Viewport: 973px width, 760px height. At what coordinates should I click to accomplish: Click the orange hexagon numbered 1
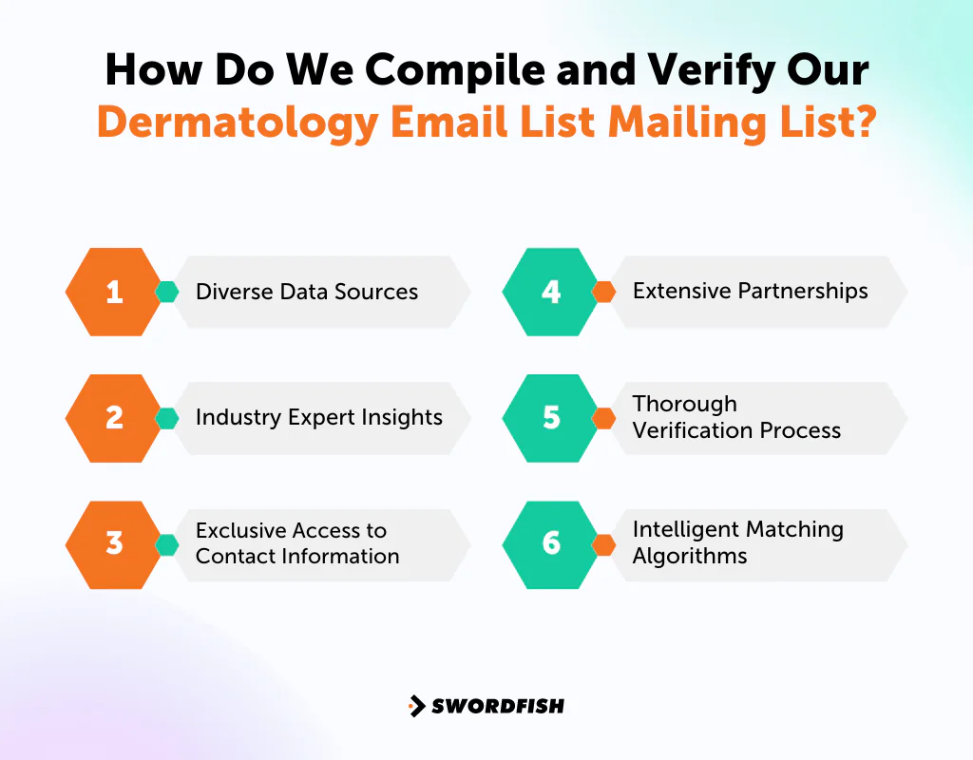(114, 292)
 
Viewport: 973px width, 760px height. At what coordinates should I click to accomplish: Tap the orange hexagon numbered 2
(114, 418)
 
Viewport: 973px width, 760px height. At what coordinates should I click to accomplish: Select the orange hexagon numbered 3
(114, 543)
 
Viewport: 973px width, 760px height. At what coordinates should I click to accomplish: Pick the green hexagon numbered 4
(551, 292)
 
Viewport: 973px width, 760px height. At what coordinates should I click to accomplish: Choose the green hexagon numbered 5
(551, 418)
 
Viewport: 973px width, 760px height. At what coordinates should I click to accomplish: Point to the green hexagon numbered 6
(551, 543)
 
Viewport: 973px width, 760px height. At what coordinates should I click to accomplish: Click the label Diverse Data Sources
(307, 292)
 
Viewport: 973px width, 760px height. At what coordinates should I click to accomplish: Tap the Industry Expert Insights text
(319, 417)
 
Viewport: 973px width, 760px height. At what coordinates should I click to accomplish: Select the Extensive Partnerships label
(751, 291)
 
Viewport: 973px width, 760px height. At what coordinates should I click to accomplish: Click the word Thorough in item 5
(685, 404)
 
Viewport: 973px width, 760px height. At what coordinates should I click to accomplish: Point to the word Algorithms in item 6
(690, 556)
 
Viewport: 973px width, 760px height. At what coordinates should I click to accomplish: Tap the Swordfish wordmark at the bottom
(498, 706)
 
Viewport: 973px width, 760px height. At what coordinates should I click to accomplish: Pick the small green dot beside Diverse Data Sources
(167, 292)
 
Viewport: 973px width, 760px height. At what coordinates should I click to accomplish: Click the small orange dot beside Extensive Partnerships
(603, 292)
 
